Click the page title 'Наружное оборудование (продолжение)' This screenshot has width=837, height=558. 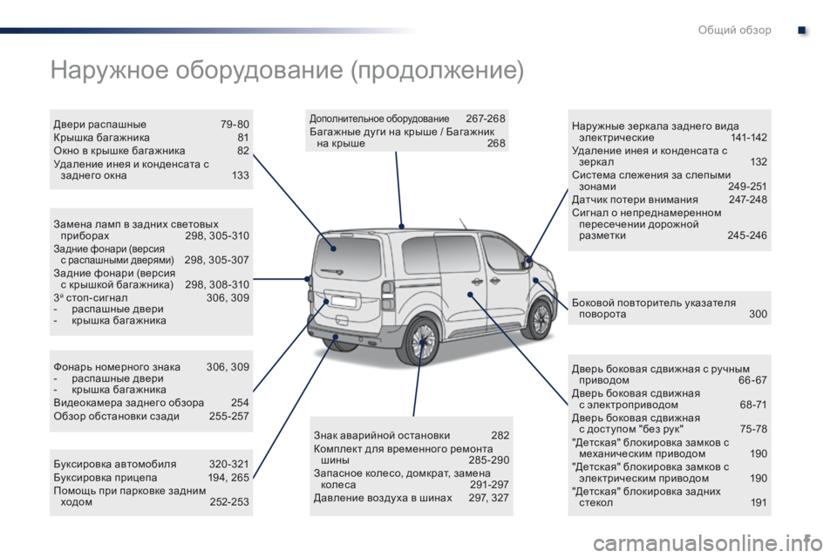click(x=287, y=70)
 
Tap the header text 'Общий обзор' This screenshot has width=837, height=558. click(x=734, y=30)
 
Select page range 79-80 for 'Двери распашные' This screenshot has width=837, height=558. click(x=235, y=125)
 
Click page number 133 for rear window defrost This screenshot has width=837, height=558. click(x=241, y=175)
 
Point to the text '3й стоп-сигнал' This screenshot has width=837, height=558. click(x=91, y=297)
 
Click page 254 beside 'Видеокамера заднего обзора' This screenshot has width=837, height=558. click(x=241, y=403)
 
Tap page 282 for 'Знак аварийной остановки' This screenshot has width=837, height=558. click(x=500, y=435)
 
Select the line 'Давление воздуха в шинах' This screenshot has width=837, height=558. click(x=383, y=498)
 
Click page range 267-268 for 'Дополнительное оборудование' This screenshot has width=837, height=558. click(x=486, y=118)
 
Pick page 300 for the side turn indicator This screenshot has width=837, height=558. click(x=758, y=314)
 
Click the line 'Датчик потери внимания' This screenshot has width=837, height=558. click(x=635, y=200)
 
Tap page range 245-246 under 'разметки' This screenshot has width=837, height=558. click(x=747, y=235)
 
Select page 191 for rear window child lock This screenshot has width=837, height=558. click(x=759, y=502)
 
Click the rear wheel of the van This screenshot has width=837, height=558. click(x=422, y=342)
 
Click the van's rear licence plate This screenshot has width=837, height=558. click(x=344, y=302)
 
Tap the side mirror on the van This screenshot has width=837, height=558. click(x=528, y=261)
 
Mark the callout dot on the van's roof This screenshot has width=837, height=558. click(x=402, y=227)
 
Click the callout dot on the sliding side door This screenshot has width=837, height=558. click(x=470, y=294)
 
